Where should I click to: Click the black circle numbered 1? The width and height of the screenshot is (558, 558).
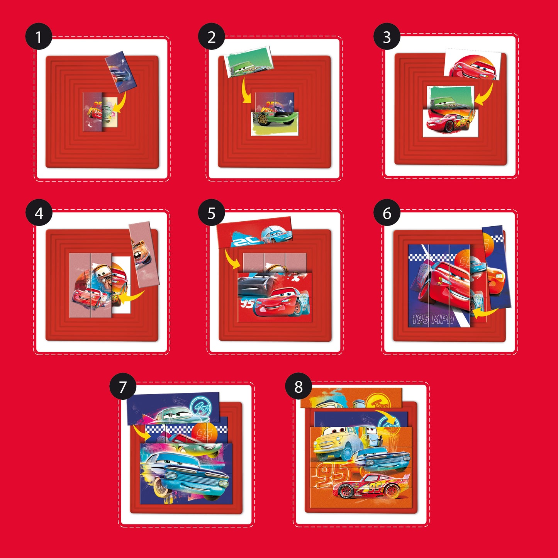[x=39, y=37]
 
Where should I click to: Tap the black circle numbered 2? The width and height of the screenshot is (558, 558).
[x=211, y=37]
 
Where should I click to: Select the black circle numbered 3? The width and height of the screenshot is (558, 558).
[x=387, y=37]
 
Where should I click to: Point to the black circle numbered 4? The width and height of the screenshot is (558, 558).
[x=39, y=213]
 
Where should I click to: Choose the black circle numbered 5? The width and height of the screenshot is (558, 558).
[x=211, y=213]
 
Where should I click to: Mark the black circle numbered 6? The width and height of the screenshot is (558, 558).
[x=387, y=213]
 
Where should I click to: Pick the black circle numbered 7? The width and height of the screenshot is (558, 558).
[x=123, y=387]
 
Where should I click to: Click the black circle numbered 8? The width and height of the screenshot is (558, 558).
[x=299, y=387]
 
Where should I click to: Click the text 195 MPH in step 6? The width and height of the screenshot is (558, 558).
[x=432, y=319]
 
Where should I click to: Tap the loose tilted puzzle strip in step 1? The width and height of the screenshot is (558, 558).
[x=121, y=72]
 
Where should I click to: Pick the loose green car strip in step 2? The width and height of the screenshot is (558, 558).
[x=249, y=62]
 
